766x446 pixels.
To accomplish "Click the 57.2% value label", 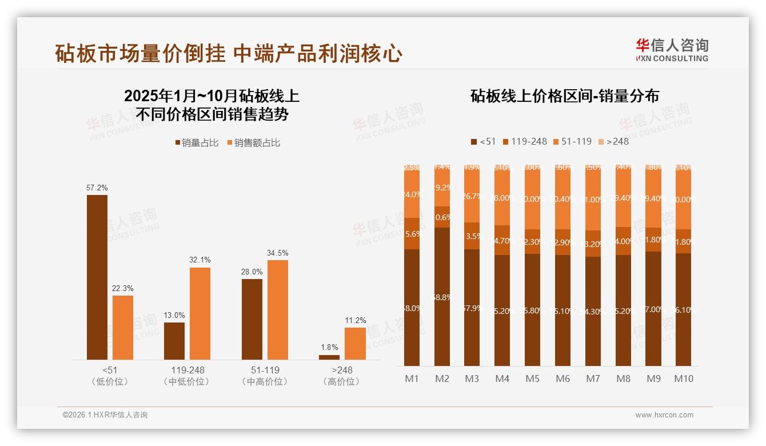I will (x=97, y=188).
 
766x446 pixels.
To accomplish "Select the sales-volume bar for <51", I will (x=97, y=277).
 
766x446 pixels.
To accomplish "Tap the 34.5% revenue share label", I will (x=278, y=253).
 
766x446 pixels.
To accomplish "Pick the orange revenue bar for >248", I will (x=355, y=344).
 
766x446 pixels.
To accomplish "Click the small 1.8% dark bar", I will (x=329, y=357).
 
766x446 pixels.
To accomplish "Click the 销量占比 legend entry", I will (x=197, y=143).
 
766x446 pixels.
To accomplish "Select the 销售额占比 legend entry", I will (x=254, y=143).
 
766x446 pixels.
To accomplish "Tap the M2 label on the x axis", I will (x=442, y=379).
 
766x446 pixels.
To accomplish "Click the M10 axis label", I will (x=684, y=379).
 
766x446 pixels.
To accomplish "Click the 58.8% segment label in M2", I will (x=442, y=297).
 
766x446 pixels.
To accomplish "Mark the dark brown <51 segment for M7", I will (x=593, y=312).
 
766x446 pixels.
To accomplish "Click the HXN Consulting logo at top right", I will (x=672, y=50).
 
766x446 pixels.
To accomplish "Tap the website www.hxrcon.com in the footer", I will (x=664, y=415).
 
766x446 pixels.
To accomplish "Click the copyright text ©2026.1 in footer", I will (x=105, y=415).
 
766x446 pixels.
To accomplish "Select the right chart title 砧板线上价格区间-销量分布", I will (x=564, y=96).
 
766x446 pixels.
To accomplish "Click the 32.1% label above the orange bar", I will (x=200, y=260).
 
